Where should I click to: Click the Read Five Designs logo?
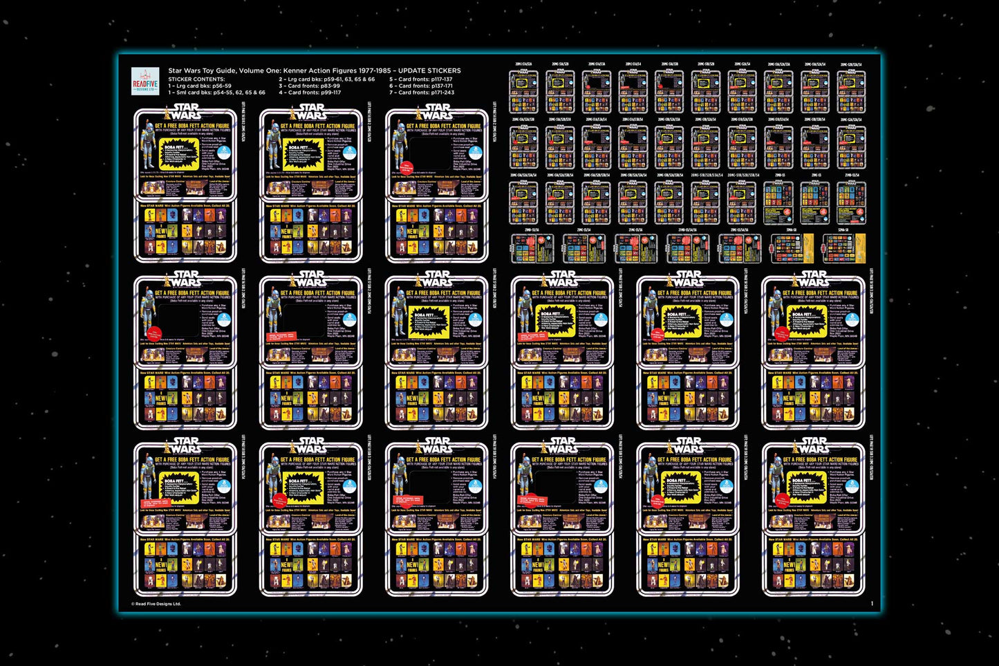click(145, 81)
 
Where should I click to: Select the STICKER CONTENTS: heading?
click(196, 79)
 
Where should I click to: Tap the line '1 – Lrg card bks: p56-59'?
click(200, 86)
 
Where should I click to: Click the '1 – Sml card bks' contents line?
click(216, 92)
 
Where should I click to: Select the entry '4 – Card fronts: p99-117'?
click(310, 92)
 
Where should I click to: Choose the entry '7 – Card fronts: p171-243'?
click(422, 92)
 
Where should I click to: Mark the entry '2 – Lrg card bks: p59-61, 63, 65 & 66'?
click(326, 79)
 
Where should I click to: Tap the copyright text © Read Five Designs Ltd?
click(156, 604)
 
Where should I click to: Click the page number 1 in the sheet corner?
click(872, 604)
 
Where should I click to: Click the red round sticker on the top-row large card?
click(408, 167)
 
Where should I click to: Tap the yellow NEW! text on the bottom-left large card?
click(160, 565)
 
